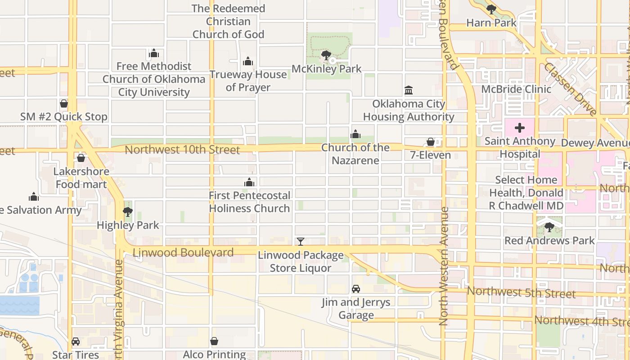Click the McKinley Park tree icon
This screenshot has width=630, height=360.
point(326,55)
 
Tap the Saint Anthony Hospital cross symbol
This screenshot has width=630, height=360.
point(520,128)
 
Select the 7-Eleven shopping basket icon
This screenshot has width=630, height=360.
point(431,142)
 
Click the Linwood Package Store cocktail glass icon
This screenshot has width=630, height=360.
point(301,242)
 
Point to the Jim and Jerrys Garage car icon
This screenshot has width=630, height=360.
point(356,289)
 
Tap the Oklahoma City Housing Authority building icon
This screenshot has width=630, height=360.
point(409,90)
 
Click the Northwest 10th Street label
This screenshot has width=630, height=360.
point(182,150)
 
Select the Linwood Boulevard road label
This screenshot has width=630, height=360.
point(183,252)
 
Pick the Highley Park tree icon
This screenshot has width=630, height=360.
point(128,212)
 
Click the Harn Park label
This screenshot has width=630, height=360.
point(491,22)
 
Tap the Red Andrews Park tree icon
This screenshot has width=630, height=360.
point(549,227)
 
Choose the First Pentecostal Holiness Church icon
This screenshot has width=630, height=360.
point(249,182)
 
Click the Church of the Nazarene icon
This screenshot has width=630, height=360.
point(355,134)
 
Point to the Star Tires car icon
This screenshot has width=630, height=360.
point(76,342)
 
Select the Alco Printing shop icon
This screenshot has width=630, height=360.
point(215,342)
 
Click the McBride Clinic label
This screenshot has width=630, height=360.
point(516,89)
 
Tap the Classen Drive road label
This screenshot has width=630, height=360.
point(570,90)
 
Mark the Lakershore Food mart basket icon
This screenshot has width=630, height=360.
point(81,158)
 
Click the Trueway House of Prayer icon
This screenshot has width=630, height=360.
point(248,61)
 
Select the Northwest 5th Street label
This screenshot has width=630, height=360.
point(521,292)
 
